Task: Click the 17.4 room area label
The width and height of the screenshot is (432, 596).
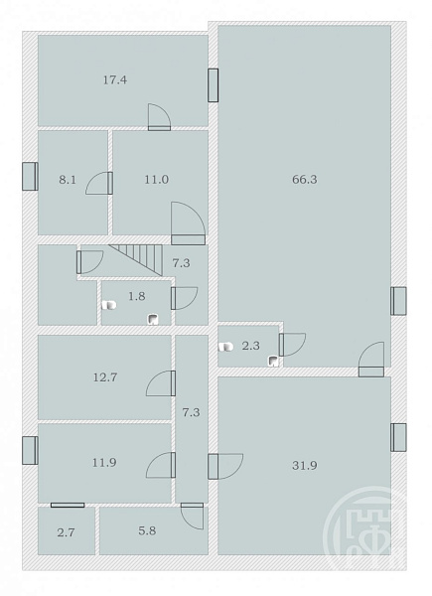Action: (115, 80)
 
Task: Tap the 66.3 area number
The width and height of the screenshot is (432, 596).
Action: (304, 180)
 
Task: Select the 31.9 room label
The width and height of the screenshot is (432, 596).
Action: (304, 465)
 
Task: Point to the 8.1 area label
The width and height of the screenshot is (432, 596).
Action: (68, 180)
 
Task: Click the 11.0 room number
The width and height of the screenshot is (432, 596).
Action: (156, 180)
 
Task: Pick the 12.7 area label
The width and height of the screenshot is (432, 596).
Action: (105, 377)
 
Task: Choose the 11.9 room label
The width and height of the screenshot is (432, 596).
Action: (104, 463)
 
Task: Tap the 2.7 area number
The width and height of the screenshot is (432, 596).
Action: (66, 532)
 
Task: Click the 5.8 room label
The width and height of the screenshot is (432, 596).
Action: (147, 530)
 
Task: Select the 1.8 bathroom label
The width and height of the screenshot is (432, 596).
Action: (136, 296)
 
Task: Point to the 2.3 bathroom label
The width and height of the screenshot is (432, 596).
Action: (251, 346)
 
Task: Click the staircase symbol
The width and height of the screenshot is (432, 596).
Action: (136, 259)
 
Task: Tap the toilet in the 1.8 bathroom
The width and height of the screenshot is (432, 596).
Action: (109, 305)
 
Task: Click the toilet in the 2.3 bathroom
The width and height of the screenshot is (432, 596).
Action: (225, 347)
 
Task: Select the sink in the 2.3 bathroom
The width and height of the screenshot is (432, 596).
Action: (273, 361)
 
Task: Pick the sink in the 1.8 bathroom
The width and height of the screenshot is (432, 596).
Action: (153, 319)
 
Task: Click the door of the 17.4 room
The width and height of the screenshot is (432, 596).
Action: (159, 117)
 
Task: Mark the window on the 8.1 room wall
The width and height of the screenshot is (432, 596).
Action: (30, 177)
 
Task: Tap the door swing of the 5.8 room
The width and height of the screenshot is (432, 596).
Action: (193, 516)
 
